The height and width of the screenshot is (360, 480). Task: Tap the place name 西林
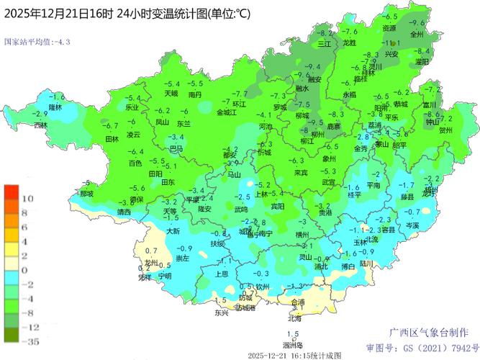tap(40, 125)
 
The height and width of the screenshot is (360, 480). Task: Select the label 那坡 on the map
tap(86, 194)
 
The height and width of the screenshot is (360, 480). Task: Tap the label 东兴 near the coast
tap(221, 312)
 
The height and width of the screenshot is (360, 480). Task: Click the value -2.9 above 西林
tap(40, 114)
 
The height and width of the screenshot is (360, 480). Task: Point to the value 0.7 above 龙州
tap(150, 251)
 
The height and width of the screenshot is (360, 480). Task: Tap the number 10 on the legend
tap(27, 197)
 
